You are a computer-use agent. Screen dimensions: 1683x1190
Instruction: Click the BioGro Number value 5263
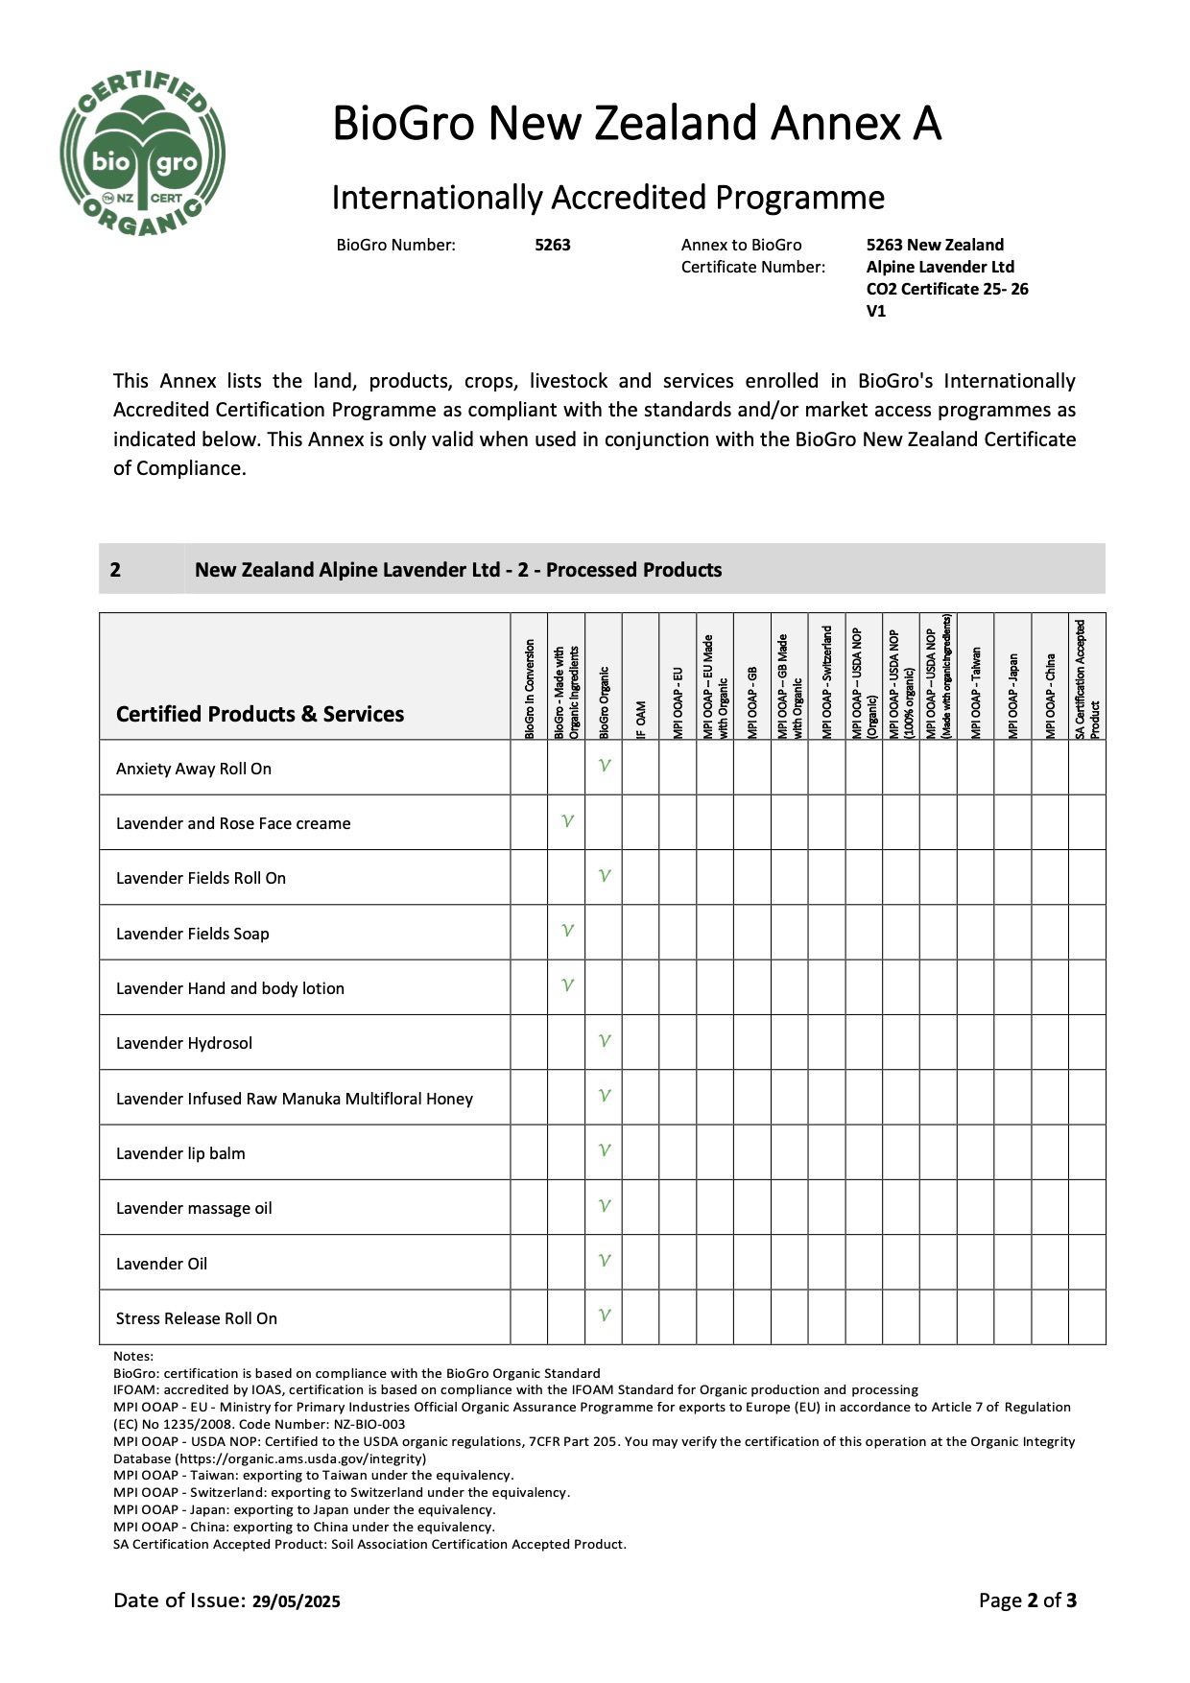(x=553, y=245)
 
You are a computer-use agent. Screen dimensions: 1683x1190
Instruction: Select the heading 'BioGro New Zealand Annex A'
(x=636, y=124)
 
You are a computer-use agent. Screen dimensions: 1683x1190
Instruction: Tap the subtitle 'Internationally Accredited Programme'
(x=607, y=198)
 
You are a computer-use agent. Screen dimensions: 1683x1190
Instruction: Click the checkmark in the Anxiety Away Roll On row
(x=604, y=766)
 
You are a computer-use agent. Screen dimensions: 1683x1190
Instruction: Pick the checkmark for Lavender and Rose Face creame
(x=567, y=821)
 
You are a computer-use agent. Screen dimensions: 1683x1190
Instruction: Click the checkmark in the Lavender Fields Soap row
(x=567, y=931)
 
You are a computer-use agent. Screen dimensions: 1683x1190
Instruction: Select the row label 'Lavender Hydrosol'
(x=184, y=1043)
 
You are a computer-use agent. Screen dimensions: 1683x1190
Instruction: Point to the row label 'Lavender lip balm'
(x=180, y=1153)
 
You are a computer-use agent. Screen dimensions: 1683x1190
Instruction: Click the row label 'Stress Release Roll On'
(x=197, y=1318)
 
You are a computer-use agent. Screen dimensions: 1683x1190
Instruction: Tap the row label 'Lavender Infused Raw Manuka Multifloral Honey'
(x=295, y=1099)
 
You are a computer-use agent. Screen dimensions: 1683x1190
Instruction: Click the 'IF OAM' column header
(x=641, y=720)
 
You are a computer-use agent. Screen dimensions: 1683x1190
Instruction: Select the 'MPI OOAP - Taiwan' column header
(x=976, y=691)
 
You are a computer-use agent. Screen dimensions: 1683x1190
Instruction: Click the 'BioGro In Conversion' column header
(x=530, y=689)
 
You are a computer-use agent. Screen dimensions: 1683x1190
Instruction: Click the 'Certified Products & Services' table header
(x=260, y=714)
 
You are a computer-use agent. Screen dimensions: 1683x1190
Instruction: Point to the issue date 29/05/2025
(x=297, y=1601)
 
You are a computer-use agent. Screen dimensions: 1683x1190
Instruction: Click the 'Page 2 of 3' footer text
(x=1028, y=1600)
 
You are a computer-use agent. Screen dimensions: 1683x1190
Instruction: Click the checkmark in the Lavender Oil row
(x=604, y=1261)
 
